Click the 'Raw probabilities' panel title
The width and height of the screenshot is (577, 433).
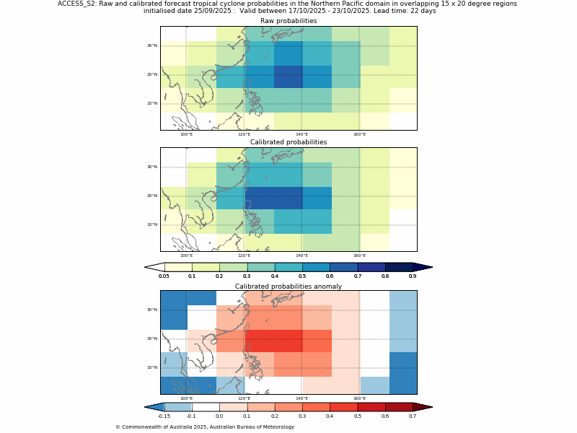tap(288, 21)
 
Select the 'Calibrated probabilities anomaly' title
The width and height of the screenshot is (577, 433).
tap(288, 287)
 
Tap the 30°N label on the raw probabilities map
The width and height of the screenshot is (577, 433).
tap(152, 45)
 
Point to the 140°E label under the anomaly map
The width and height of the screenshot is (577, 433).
tap(301, 398)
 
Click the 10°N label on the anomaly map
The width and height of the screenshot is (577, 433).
tap(152, 367)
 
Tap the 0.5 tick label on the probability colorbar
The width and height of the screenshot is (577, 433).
tap(302, 276)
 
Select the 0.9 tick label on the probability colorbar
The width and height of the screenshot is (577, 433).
tap(413, 276)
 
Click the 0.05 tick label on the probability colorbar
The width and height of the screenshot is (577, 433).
tap(164, 276)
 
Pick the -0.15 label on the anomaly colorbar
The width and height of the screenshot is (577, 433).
tap(164, 416)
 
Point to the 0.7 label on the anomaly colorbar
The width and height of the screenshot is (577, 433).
tap(413, 416)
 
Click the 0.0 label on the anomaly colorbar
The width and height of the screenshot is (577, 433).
tap(219, 416)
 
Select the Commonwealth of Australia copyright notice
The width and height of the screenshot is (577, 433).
tap(205, 427)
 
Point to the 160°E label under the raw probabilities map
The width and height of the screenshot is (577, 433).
tap(359, 134)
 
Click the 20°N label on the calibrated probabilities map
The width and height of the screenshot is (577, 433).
tap(152, 196)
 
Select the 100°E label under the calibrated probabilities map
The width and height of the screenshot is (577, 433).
tap(186, 255)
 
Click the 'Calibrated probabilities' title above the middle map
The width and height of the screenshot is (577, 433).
tap(288, 142)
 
